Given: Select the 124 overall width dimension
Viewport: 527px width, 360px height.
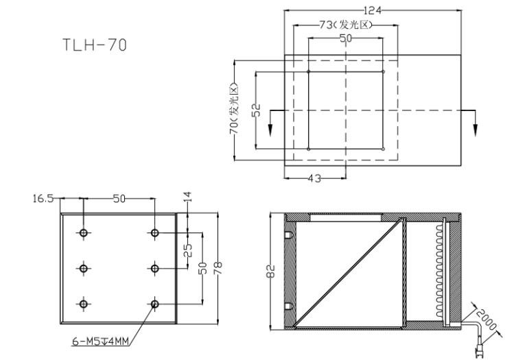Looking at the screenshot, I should pos(372,10).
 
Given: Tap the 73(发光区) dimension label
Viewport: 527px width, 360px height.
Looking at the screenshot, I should pos(345,25).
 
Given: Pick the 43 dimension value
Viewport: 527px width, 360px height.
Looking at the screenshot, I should pos(313,178).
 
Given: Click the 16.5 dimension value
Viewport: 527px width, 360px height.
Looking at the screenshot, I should pos(43,199).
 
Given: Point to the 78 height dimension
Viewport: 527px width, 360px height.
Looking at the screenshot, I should pos(218,268).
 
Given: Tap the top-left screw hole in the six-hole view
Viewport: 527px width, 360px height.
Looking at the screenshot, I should pos(84,233).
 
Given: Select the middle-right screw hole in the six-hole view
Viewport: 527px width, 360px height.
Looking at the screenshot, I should pos(155,268).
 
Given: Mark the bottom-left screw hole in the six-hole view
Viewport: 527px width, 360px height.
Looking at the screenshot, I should pos(84,303).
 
